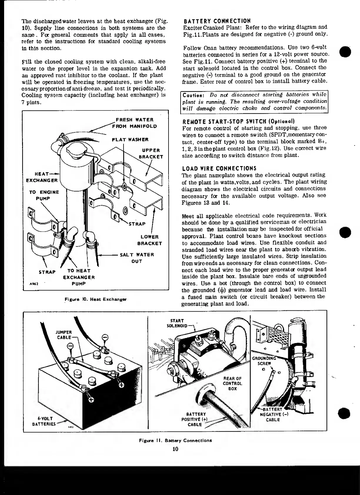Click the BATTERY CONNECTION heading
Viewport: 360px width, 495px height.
pyautogui.click(x=217, y=21)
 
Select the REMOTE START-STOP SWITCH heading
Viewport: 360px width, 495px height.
pyautogui.click(x=239, y=122)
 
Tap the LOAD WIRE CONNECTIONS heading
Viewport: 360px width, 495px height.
pyautogui.click(x=219, y=168)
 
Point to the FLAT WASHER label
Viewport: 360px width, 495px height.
pyautogui.click(x=130, y=140)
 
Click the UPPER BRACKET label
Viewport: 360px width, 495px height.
pyautogui.click(x=151, y=153)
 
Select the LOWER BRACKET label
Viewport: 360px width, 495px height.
pyautogui.click(x=150, y=240)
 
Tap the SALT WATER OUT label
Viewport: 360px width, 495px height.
pyautogui.click(x=137, y=258)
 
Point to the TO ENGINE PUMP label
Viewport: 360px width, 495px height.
pyautogui.click(x=44, y=195)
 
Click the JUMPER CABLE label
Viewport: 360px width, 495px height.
pyautogui.click(x=64, y=335)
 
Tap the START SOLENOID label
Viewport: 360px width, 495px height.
pyautogui.click(x=177, y=323)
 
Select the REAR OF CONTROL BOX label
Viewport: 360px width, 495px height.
pyautogui.click(x=232, y=383)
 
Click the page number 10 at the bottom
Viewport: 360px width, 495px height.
pyautogui.click(x=176, y=449)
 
